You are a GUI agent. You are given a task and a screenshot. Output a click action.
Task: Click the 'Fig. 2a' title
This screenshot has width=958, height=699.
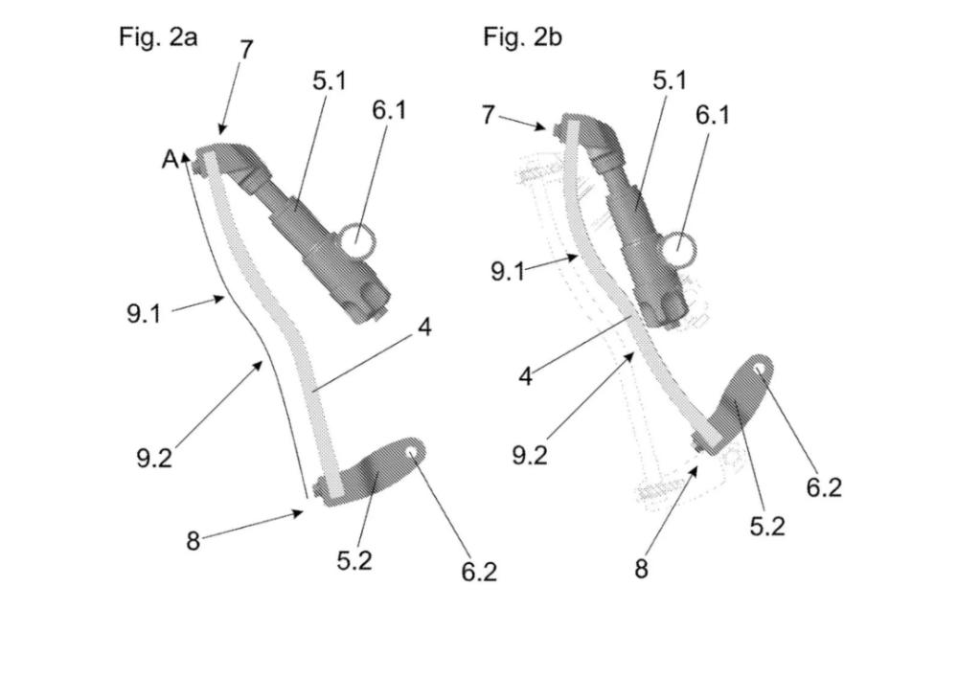(158, 38)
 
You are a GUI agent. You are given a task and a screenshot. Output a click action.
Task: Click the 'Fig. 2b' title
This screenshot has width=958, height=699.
(522, 37)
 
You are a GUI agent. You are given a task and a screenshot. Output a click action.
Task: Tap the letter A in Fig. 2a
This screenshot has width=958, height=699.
(171, 159)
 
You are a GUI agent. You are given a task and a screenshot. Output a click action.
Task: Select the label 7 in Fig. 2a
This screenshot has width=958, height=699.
(245, 50)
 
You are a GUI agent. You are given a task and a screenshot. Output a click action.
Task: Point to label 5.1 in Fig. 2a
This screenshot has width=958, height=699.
(330, 80)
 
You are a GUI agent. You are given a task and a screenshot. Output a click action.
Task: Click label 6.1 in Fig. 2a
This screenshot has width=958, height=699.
(389, 110)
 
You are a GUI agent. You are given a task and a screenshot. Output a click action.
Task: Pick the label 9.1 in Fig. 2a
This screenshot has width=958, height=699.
(145, 314)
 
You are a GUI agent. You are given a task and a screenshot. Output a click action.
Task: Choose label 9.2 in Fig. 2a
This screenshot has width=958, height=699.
(154, 457)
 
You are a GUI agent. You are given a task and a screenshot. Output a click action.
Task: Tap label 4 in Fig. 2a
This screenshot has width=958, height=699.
(424, 327)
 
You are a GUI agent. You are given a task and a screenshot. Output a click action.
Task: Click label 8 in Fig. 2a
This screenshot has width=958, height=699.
(194, 541)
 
